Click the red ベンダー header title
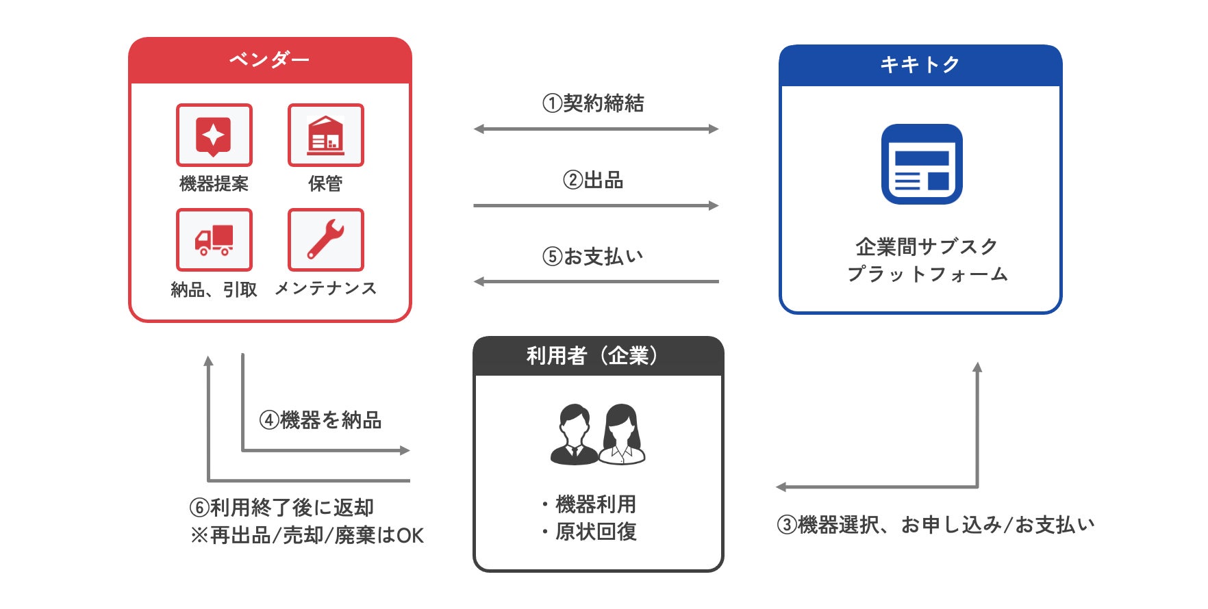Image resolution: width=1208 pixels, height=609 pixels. click(269, 60)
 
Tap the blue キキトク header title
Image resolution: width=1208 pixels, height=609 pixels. click(920, 64)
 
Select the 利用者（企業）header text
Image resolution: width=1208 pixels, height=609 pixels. click(593, 356)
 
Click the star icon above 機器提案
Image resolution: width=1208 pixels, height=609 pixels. click(214, 135)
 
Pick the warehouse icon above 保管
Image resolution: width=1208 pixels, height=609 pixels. click(325, 135)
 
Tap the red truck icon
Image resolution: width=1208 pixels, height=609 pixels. click(214, 239)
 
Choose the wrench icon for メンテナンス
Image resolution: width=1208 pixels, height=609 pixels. click(325, 239)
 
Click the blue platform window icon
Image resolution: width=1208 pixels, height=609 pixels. click(922, 164)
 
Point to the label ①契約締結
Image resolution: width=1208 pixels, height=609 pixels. click(593, 103)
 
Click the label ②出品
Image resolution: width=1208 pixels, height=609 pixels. click(593, 180)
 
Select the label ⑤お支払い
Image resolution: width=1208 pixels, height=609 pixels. click(593, 257)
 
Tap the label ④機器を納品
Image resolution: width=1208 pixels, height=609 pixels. click(320, 419)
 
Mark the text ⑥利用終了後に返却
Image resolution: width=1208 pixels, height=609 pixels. click(281, 507)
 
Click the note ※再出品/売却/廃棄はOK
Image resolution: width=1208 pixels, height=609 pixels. click(307, 535)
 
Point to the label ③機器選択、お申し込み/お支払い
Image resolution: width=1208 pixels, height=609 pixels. click(935, 525)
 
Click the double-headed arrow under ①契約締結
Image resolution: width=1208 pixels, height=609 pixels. click(596, 129)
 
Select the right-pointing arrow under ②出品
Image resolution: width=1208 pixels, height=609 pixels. click(596, 205)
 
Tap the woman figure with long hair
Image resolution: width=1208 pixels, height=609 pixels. click(622, 435)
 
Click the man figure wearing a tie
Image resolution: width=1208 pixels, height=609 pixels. click(574, 435)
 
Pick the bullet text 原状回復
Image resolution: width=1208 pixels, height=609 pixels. click(596, 532)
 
